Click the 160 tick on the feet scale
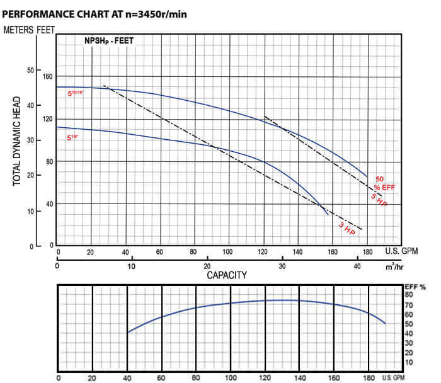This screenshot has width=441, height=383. point(47,77)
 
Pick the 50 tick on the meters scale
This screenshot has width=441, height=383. point(30,71)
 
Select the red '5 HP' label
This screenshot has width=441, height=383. point(378,201)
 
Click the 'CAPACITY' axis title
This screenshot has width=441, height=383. point(227,275)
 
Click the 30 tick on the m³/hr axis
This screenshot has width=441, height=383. point(282,266)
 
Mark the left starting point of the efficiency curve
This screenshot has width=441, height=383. point(128,333)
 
